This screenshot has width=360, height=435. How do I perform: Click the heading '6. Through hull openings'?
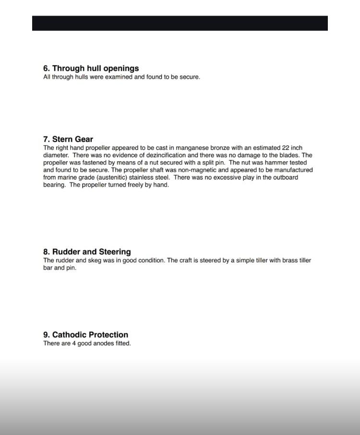91,68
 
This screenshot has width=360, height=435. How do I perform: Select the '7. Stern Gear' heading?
68,139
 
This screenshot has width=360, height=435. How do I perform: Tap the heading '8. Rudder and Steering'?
87,252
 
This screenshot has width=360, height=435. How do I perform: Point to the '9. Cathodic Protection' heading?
85,335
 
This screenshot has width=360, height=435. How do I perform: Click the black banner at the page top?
180,23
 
